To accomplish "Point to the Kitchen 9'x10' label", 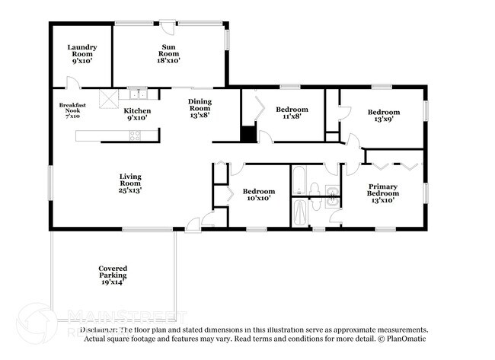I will [138, 115].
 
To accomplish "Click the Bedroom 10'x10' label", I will [258, 194].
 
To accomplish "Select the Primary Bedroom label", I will [382, 193].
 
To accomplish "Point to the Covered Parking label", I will [112, 275].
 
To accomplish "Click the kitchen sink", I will [138, 94].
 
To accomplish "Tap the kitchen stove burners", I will [135, 135].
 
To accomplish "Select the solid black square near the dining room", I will [247, 135].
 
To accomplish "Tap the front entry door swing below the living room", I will [194, 222].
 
